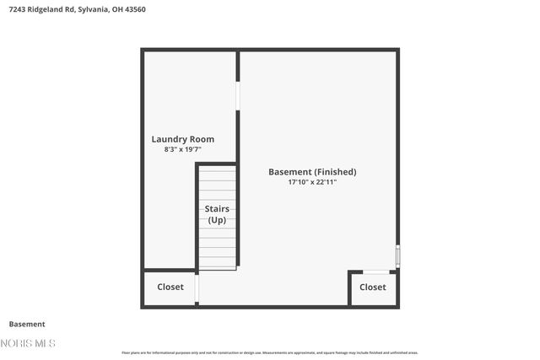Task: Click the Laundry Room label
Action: pos(182,139)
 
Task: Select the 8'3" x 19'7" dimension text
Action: pos(182,149)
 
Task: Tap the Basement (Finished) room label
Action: pos(312,171)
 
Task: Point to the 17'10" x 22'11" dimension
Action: pos(312,182)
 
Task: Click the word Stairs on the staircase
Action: pos(217,208)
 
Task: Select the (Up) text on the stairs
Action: pos(217,220)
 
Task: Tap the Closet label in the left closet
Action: pos(170,287)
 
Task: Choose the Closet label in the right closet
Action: pos(373,287)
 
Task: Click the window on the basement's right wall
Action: pos(397,256)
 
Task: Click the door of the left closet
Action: pos(197,288)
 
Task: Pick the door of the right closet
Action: pos(376,271)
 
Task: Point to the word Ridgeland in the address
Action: pos(51,8)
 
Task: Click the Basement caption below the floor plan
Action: pos(27,324)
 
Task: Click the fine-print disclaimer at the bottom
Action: pos(269,352)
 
